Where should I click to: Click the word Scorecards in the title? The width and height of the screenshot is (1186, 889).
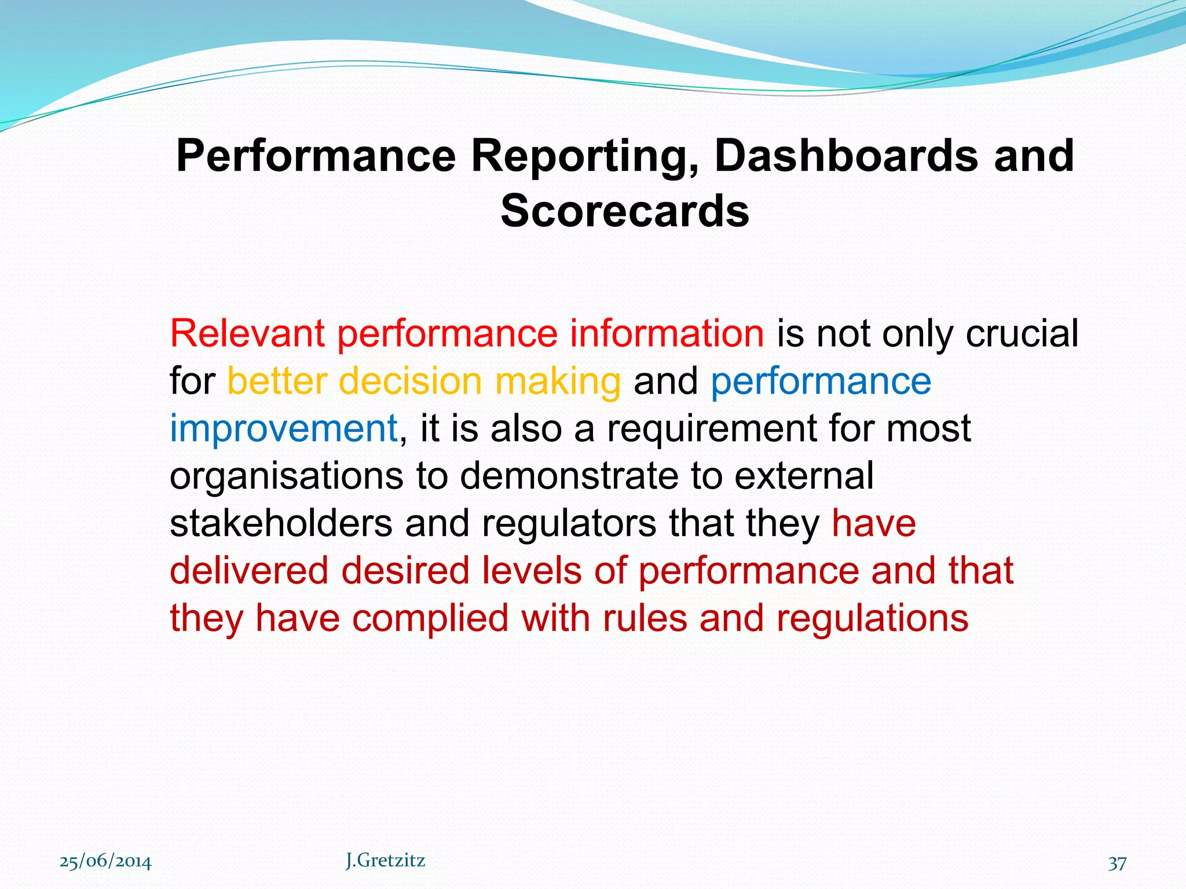625,211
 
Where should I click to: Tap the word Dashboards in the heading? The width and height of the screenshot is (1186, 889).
845,156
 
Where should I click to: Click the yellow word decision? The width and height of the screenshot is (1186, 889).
410,381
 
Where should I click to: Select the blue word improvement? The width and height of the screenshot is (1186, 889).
284,429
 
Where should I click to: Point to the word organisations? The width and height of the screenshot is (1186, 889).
286,477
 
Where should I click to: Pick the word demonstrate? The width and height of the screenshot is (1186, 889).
569,476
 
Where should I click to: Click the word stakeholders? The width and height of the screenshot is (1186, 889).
281,523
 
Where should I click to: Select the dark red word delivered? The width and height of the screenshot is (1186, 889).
249,571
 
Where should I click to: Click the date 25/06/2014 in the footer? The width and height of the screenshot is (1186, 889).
105,862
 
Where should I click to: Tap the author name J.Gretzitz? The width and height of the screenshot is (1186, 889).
385,861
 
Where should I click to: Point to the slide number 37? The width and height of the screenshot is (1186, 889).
1117,863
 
